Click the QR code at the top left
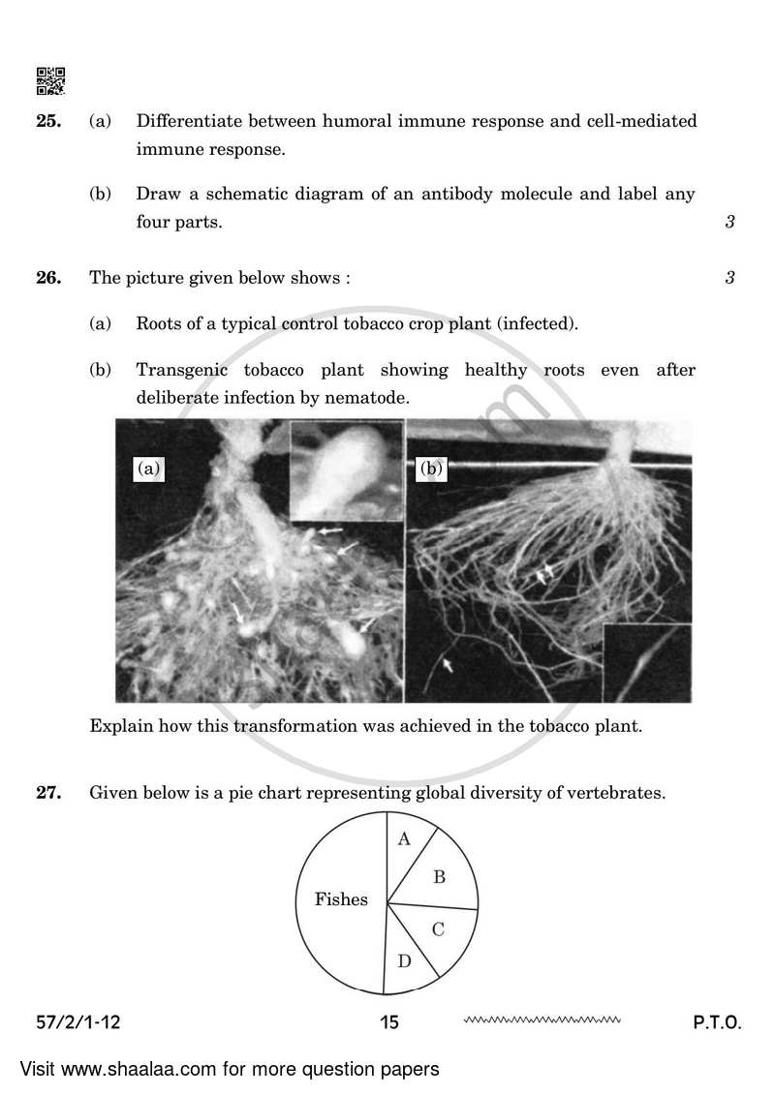(x=50, y=81)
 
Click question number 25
(x=49, y=121)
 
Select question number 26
(x=49, y=278)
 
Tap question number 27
(x=49, y=793)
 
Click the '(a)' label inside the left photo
(x=148, y=469)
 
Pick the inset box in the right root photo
(x=647, y=662)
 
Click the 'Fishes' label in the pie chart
(x=341, y=899)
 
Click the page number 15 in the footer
(x=389, y=1021)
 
